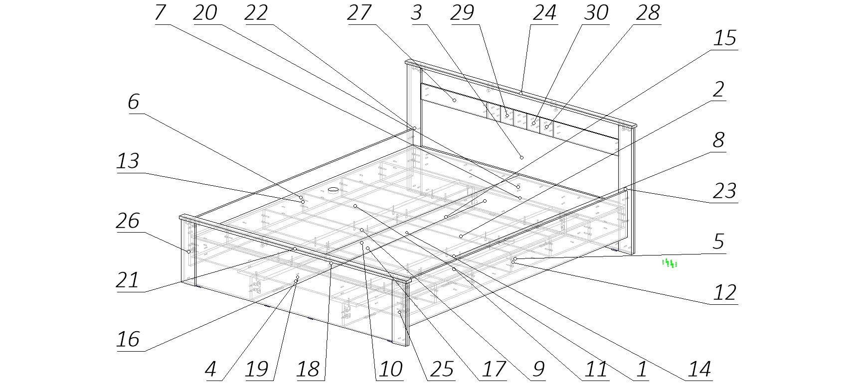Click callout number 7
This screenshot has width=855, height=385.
coord(160,12)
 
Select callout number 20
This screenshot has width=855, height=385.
coord(205,12)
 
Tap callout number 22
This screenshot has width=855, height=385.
coord(256,12)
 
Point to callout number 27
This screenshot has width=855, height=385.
coord(359,12)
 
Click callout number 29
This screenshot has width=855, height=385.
coord(462,12)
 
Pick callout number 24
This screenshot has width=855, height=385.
coord(544,12)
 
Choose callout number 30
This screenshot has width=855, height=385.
coord(596,12)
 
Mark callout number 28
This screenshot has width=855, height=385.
coord(648,12)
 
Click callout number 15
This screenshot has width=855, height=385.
coord(725,38)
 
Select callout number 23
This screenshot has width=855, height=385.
coord(725,191)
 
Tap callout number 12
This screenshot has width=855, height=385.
coord(725,292)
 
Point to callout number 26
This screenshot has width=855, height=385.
coord(128,220)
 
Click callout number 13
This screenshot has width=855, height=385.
coord(128,161)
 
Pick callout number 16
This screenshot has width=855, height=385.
coord(128,339)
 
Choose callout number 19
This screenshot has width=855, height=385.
coord(257,369)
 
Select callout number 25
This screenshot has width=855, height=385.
coord(442,369)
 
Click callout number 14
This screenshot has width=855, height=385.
coord(699,369)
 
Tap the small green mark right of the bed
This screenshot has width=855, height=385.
coord(669,263)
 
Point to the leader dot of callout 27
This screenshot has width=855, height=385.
coord(454,101)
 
